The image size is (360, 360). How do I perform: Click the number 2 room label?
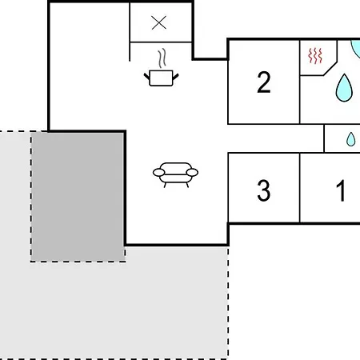coord(264,82)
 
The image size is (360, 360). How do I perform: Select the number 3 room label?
coord(264,190)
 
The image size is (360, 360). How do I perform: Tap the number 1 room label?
coord(341,190)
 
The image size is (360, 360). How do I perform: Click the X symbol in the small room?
coord(158,22)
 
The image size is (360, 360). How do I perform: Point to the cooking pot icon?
coord(161,78)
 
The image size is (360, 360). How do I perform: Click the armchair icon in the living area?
coord(175,174)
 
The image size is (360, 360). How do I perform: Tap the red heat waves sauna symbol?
coord(315,56)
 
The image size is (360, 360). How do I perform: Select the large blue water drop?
coord(344,88)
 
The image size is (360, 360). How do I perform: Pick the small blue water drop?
coord(350,139)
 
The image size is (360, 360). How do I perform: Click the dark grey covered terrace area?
coord(78,197)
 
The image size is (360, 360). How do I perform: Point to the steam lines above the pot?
coord(162,58)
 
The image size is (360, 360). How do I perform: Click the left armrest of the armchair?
coord(158,173)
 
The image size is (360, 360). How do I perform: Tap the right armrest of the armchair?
coord(192,173)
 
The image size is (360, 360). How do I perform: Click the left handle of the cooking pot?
coord(147,77)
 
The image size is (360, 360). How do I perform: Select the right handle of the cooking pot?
coord(175,77)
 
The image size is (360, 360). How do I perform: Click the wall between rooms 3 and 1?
coord(300,188)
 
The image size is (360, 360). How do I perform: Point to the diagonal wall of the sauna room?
coord(330,69)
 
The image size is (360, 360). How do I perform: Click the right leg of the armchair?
coord(187,185)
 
